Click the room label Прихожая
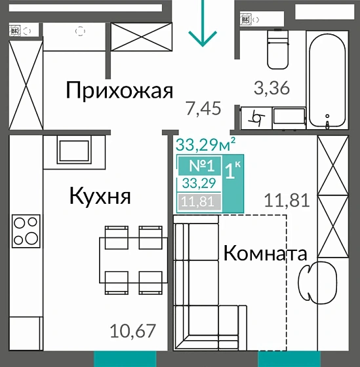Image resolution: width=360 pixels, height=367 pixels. click(119, 90)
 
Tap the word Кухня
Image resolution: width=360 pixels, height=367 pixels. click(100, 195)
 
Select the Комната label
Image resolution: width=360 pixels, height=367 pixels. click(266, 253)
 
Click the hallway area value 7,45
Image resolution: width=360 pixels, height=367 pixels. click(203, 108)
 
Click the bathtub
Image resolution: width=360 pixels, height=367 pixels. click(328, 72)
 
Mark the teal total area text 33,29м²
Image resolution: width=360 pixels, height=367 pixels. click(206, 141)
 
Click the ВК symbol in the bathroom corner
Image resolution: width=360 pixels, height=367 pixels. click(246, 20)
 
